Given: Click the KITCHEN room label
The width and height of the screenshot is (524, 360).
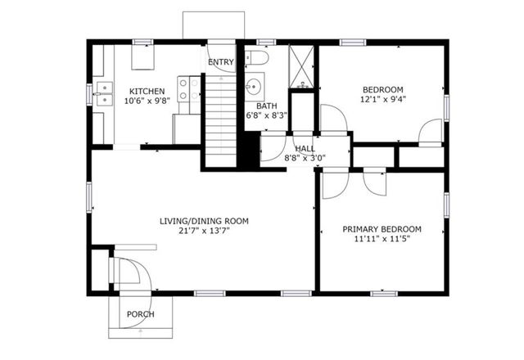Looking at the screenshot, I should tap(147, 91).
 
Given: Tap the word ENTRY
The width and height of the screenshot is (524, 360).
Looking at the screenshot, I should tap(220, 62).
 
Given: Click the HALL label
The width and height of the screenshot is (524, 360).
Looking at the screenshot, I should tap(305, 148).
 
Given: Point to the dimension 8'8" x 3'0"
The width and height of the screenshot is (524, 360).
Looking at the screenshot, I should tap(305, 158).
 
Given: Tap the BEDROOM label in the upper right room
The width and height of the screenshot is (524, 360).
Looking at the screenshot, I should tap(382, 89).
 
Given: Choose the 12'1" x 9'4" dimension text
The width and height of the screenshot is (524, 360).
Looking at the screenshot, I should tap(382, 100).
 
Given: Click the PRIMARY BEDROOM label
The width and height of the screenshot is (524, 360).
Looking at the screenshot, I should tap(382, 229).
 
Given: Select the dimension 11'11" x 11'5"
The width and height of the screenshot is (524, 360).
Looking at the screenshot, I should tap(382, 240).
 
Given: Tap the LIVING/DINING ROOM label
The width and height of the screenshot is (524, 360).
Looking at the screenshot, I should tap(203, 221).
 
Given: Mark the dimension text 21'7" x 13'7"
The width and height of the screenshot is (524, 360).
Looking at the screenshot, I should tap(203, 232).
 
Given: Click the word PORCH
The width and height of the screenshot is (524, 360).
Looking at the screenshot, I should tap(140, 314).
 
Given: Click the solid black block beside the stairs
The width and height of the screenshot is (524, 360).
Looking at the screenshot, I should tap(248, 148).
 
